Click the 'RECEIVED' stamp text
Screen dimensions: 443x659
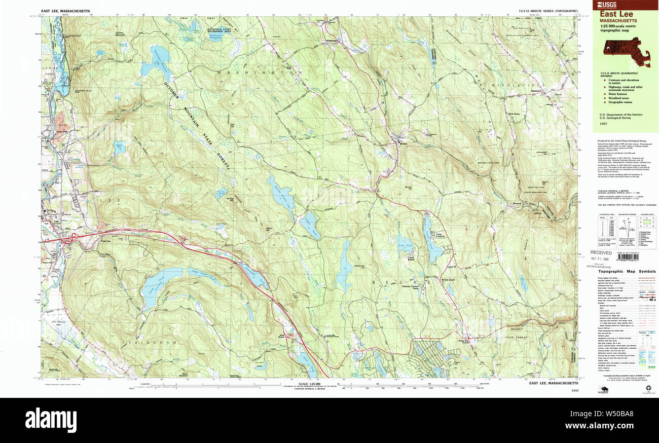[602, 252]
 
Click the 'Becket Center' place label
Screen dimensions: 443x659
[449, 279]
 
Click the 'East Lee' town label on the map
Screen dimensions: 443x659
[105, 241]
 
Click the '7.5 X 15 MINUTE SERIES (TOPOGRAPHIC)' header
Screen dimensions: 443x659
[547, 11]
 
